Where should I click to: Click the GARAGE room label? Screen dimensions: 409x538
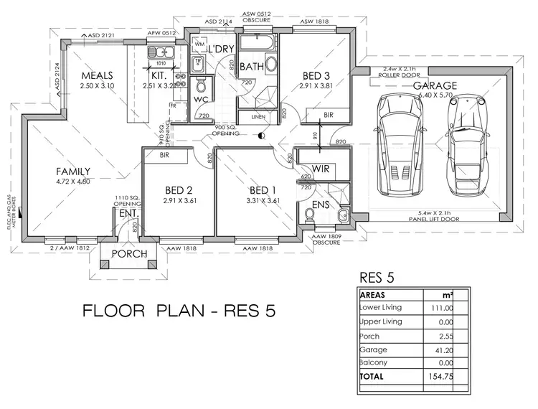(x=435, y=86)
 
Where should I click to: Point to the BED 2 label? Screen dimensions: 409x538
(x=179, y=190)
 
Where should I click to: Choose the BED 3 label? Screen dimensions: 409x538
(x=316, y=75)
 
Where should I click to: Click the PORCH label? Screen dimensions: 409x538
(x=130, y=254)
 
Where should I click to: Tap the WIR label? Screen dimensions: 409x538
(x=321, y=170)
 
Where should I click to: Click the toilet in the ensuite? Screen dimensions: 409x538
(x=310, y=215)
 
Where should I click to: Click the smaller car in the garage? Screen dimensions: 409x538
(x=463, y=144)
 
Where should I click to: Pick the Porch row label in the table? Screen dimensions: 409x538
(x=371, y=335)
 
